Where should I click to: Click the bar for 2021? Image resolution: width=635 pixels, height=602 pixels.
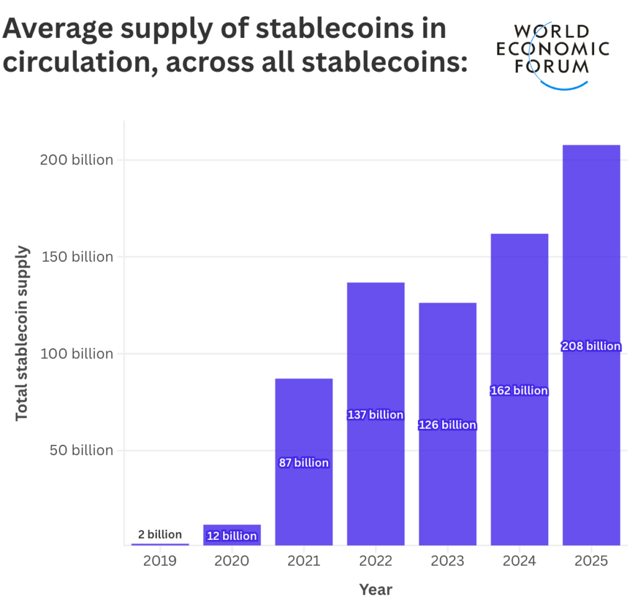[304, 462]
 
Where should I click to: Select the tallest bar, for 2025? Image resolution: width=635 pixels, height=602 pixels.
[591, 345]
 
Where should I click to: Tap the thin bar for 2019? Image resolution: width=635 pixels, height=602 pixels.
[160, 544]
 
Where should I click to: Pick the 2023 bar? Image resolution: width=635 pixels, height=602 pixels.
[448, 424]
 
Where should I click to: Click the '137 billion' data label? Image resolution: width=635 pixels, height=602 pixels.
[375, 415]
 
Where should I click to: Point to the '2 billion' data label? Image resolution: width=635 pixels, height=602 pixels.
[160, 534]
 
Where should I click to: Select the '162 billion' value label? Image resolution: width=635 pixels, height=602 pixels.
[519, 390]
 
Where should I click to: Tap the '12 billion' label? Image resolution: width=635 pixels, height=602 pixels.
[232, 536]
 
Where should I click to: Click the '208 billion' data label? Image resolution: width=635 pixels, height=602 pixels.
[591, 346]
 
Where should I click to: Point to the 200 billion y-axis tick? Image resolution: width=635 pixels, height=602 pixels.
[76, 159]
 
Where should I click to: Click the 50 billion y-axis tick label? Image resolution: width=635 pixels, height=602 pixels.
[81, 450]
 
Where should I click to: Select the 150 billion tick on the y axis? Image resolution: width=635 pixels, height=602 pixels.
[78, 256]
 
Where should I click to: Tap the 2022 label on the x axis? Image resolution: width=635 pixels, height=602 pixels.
[375, 560]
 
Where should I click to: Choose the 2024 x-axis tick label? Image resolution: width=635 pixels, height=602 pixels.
[519, 560]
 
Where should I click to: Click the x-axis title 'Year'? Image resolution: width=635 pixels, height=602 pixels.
[376, 590]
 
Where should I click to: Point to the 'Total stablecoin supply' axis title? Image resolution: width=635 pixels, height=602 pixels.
[22, 333]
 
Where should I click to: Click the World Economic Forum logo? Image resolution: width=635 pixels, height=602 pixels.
[553, 55]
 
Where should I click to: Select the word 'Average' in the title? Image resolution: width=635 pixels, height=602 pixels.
[58, 29]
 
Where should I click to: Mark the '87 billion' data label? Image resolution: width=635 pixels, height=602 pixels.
[304, 462]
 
